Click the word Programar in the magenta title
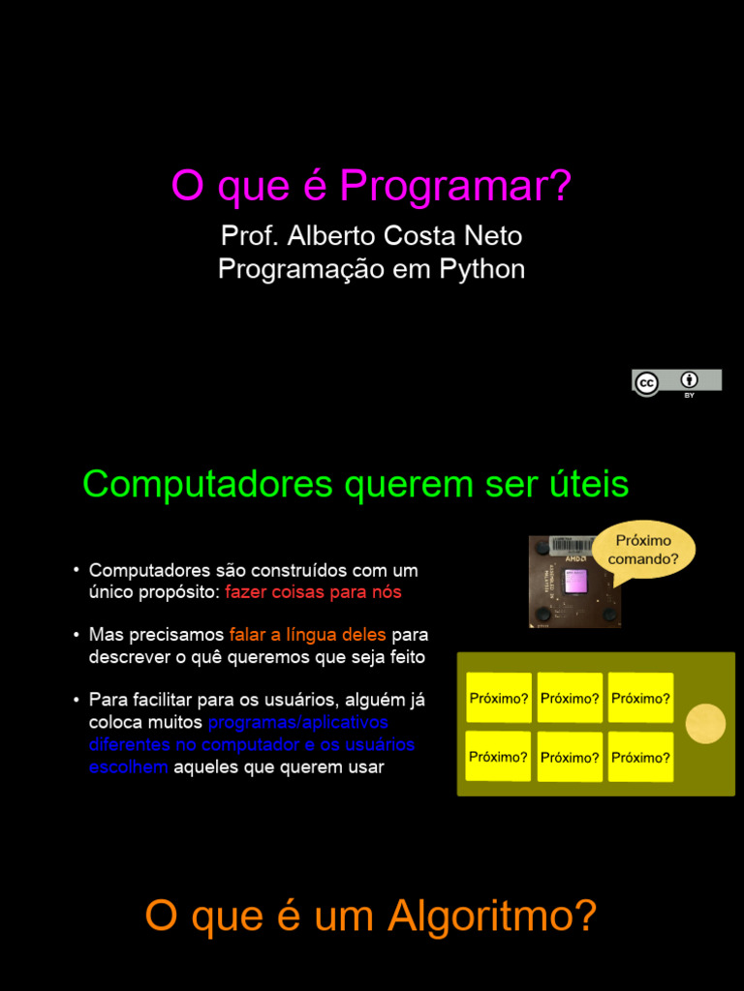[x=455, y=186]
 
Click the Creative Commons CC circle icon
[x=646, y=383]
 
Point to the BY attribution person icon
[x=689, y=379]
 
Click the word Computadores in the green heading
[x=207, y=485]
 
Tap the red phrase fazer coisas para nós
[x=313, y=593]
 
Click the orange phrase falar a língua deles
[x=307, y=634]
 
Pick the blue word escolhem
[x=129, y=767]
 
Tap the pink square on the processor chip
[x=576, y=581]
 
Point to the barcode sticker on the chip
[x=573, y=547]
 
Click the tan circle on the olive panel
[x=705, y=724]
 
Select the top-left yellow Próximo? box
[x=499, y=698]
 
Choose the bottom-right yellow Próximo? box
[x=640, y=757]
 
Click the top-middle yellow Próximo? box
[x=570, y=698]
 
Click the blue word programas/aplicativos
[x=298, y=722]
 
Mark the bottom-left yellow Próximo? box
[x=499, y=757]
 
